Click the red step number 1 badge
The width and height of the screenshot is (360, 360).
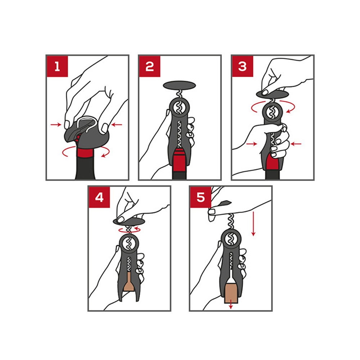click(x=57, y=67)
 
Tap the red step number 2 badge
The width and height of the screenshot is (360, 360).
click(x=150, y=67)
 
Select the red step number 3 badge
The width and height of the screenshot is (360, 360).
click(x=242, y=67)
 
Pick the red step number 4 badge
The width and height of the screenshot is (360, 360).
click(x=99, y=197)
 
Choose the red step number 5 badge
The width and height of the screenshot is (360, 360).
click(x=201, y=197)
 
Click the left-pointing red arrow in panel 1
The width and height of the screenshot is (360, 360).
click(x=117, y=125)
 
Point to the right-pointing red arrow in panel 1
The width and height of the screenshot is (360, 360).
click(x=56, y=125)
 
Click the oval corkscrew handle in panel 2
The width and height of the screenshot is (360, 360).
click(x=179, y=85)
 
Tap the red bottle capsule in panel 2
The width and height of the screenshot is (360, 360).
click(x=179, y=160)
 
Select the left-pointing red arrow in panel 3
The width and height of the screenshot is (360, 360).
click(x=296, y=144)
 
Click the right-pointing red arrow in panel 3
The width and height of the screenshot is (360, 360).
click(x=252, y=144)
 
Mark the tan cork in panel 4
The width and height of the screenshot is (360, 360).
click(x=129, y=282)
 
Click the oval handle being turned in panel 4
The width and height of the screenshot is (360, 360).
click(x=129, y=222)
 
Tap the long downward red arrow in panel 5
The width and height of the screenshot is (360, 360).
click(x=253, y=224)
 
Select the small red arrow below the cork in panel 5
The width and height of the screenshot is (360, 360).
click(x=231, y=306)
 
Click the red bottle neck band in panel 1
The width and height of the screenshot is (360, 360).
click(x=85, y=152)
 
